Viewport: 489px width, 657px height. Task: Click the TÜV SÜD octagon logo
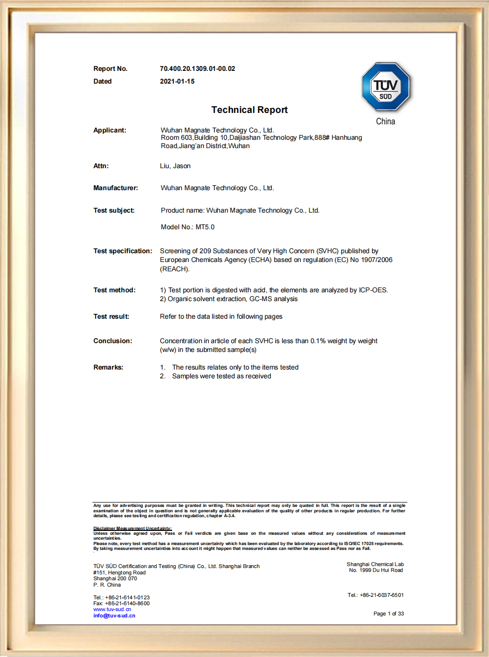(x=386, y=87)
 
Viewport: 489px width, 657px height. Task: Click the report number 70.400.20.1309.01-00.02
(x=197, y=69)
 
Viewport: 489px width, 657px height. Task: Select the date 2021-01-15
(x=177, y=82)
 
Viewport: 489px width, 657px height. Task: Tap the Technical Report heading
(x=249, y=110)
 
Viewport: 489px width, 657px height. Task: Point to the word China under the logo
(x=385, y=121)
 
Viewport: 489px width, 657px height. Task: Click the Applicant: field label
(x=110, y=130)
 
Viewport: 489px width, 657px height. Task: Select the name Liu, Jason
(x=175, y=166)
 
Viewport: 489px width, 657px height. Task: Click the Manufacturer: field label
(x=115, y=188)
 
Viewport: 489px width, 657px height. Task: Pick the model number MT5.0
(x=205, y=227)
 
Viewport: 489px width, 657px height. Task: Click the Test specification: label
(x=123, y=251)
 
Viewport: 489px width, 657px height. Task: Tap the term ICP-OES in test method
(x=373, y=290)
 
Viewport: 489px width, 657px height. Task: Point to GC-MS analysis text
(x=273, y=299)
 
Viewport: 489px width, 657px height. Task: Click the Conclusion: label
(x=112, y=341)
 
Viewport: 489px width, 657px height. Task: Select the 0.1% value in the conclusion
(x=317, y=341)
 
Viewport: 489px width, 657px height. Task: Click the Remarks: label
(x=108, y=368)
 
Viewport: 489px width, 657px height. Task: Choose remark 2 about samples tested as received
(x=221, y=376)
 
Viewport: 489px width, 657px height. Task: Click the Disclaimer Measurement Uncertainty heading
(x=133, y=528)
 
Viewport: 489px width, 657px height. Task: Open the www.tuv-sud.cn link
(x=112, y=610)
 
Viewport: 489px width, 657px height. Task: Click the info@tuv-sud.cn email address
(x=114, y=616)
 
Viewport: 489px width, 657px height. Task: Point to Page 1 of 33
(x=388, y=614)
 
